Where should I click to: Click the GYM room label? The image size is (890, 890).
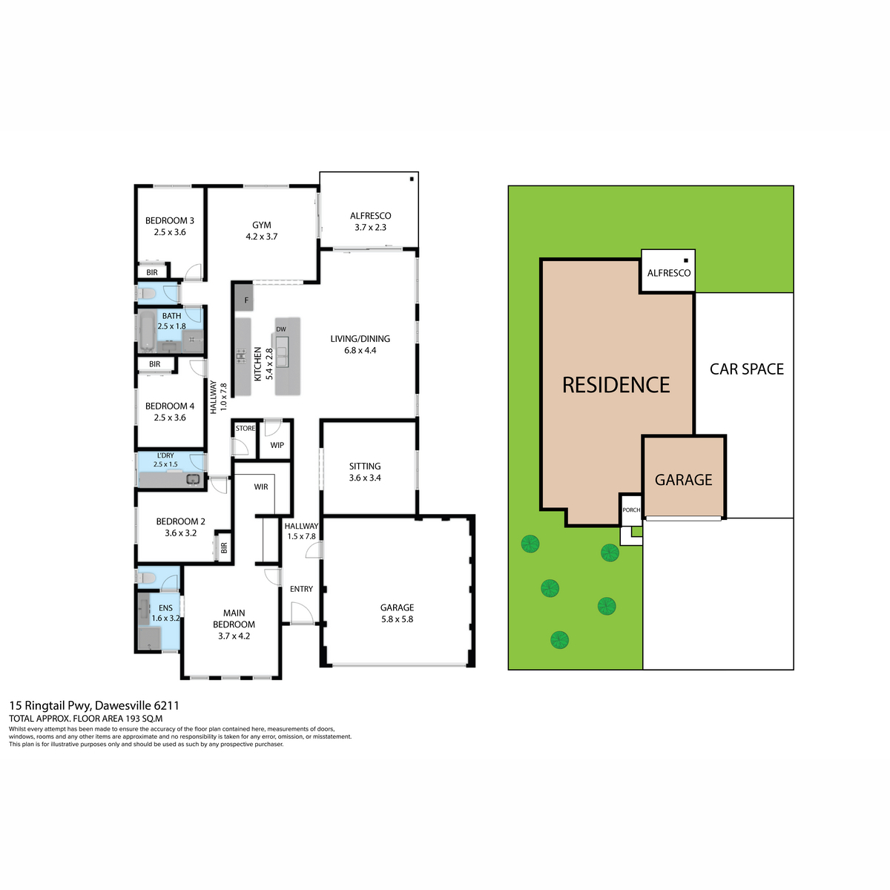point(261,225)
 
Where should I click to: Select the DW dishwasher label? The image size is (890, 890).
point(281,329)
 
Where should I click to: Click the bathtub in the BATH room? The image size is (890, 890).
point(148,332)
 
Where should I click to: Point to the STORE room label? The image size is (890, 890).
point(245,428)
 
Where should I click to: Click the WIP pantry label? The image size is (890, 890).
point(277,445)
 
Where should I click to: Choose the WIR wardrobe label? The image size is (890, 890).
point(261,487)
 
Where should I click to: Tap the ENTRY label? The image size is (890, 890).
point(301,589)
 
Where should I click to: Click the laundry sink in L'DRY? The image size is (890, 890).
point(193,480)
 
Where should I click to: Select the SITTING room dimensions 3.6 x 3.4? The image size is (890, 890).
point(365,478)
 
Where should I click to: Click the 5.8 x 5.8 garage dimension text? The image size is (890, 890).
point(398,619)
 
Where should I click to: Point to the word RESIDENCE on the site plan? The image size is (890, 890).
point(616,385)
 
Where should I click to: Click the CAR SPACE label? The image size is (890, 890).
point(746,369)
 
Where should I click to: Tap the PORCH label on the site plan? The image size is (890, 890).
point(631,510)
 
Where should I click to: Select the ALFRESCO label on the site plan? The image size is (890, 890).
point(668,273)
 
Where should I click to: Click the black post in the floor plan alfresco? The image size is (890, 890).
point(412,179)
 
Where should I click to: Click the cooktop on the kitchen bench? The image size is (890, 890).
point(241,356)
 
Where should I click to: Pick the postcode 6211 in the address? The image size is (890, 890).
point(166,705)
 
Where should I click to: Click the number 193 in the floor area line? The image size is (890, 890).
point(133,719)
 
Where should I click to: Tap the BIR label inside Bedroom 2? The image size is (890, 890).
point(224,548)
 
